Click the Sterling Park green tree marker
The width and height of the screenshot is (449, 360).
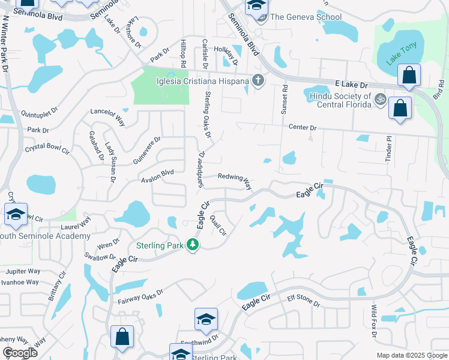click(x=193, y=245)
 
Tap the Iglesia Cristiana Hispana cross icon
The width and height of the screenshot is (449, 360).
click(x=258, y=80)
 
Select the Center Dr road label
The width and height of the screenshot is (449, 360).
click(x=302, y=128)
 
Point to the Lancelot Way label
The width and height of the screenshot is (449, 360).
click(x=107, y=115)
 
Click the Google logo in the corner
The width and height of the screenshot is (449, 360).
click(x=20, y=353)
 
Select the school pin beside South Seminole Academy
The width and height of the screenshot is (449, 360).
click(x=16, y=215)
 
